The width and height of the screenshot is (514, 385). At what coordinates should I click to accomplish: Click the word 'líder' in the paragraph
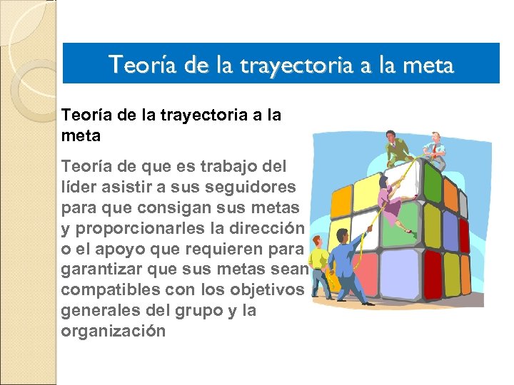tap(78, 187)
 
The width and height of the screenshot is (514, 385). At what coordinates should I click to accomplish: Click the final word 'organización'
tap(114, 332)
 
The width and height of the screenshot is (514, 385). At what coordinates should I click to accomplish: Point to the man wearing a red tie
tap(434, 150)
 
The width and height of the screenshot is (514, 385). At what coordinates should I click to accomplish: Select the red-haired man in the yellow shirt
tap(318, 267)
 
